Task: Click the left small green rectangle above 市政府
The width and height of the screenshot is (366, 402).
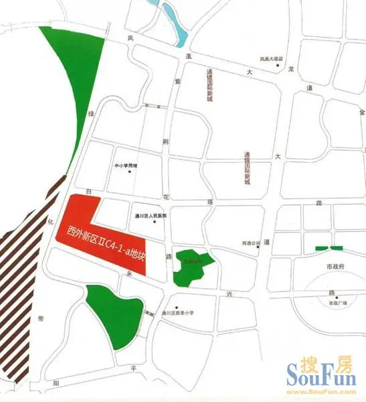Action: point(323,249)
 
